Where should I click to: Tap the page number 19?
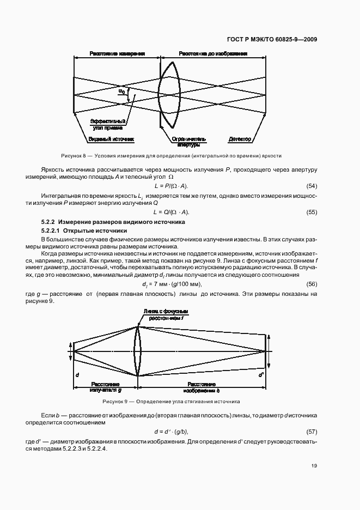(x=314, y=465)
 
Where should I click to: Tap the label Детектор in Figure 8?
(x=240, y=139)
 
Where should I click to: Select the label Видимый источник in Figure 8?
(x=111, y=139)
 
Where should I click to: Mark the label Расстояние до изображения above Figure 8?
(x=213, y=54)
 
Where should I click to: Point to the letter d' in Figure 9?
(x=261, y=375)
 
